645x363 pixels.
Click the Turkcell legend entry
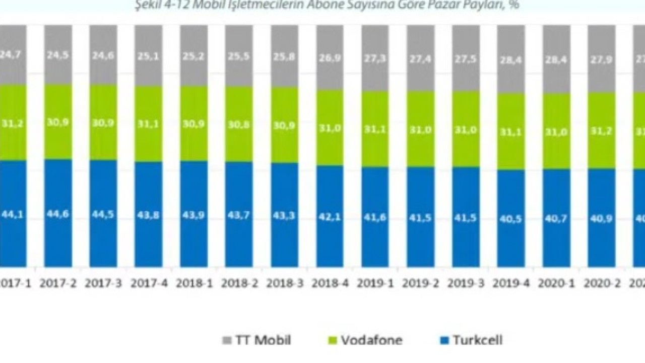pos(471,340)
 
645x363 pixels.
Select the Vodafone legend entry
pos(365,340)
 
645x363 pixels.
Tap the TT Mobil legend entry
pos(256,340)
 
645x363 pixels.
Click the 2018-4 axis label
pos(330,283)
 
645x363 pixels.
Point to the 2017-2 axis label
pos(57,283)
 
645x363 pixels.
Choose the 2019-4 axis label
pos(511,283)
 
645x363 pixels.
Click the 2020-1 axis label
pos(556,283)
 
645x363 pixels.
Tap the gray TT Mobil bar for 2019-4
pos(511,71)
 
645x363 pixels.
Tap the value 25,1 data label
pos(148,57)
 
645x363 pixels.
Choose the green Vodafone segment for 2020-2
pos(602,146)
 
